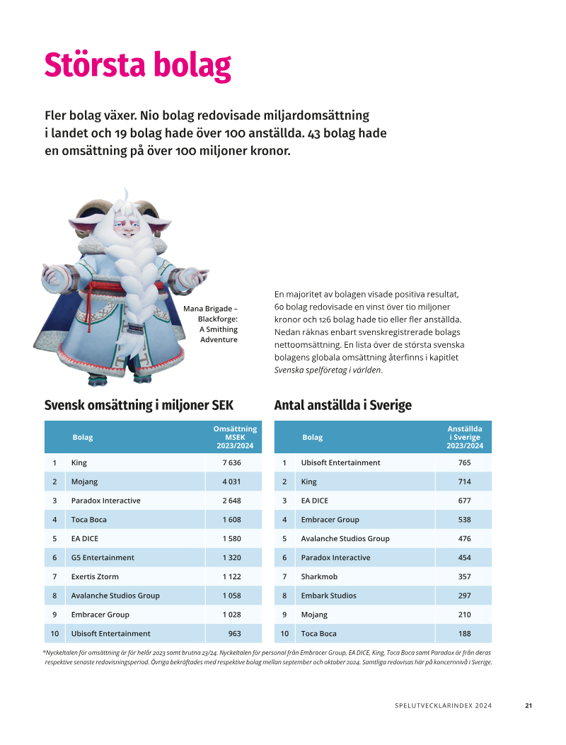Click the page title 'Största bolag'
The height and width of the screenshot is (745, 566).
tap(137, 65)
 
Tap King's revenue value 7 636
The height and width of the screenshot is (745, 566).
tap(231, 462)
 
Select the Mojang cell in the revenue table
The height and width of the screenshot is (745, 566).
tap(84, 482)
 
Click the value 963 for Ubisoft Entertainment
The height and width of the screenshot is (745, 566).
tap(234, 633)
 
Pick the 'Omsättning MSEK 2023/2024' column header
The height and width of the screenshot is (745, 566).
tap(234, 437)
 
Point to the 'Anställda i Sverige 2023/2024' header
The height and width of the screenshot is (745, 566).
tap(464, 437)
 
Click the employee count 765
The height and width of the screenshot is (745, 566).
tap(464, 462)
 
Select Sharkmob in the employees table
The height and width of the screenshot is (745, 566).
tap(319, 576)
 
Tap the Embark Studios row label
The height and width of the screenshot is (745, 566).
tap(328, 596)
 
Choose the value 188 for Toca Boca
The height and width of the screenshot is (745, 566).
tap(464, 633)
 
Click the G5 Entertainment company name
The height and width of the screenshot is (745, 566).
tap(102, 557)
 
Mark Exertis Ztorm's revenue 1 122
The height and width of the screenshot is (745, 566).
tap(231, 576)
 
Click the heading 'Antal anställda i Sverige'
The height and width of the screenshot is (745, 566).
tap(342, 405)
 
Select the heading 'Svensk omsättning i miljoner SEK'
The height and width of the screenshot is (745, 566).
tap(139, 405)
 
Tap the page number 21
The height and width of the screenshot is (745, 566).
tap(528, 705)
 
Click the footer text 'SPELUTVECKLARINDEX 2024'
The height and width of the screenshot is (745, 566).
tap(443, 705)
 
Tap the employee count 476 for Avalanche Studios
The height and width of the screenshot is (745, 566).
tap(464, 538)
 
